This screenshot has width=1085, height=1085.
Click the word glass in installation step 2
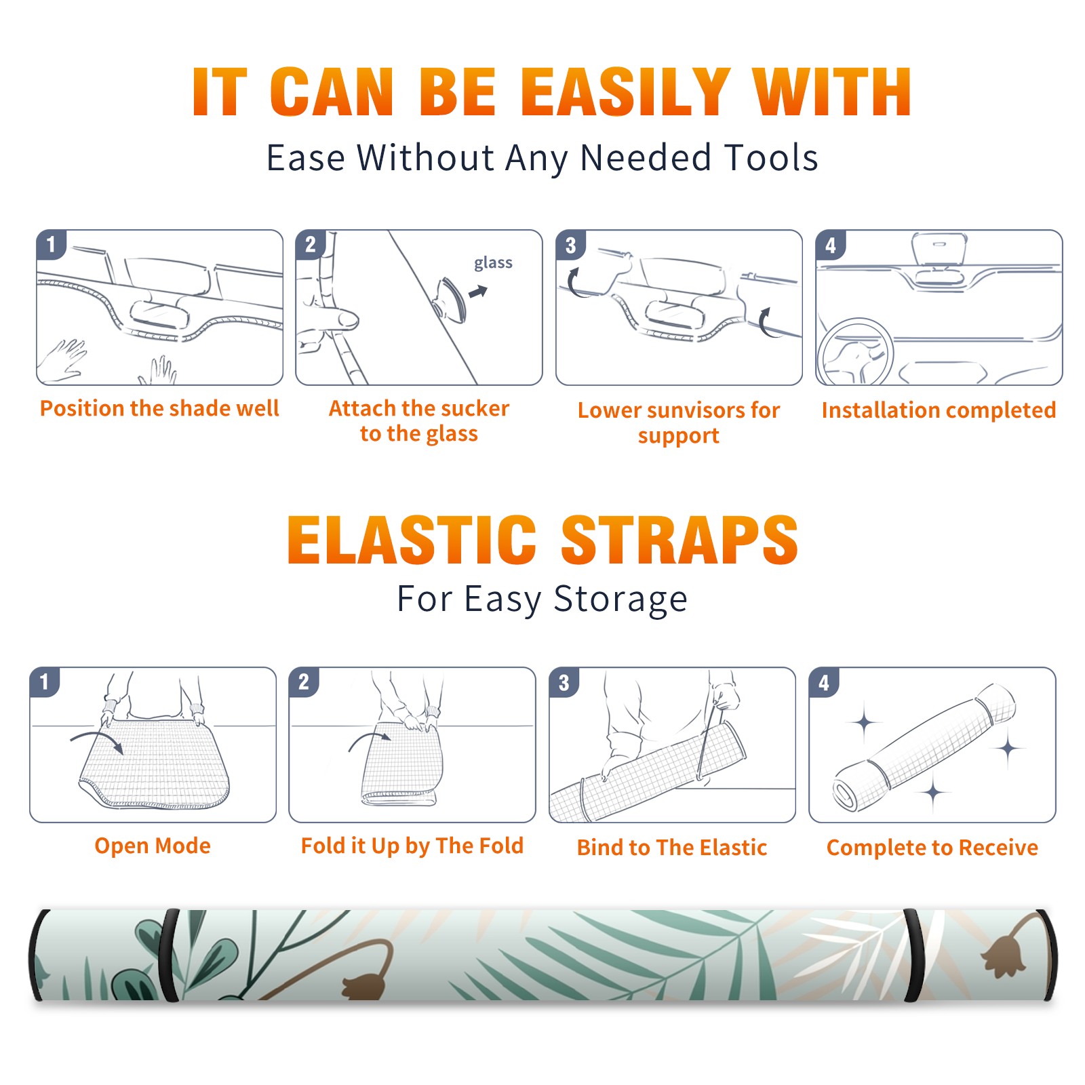pyautogui.click(x=493, y=263)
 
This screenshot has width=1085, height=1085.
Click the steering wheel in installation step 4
pyautogui.click(x=855, y=352)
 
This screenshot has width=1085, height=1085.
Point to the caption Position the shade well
pyautogui.click(x=159, y=408)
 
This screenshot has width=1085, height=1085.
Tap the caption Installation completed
pyautogui.click(x=939, y=410)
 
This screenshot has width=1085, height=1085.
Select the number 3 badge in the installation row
pyautogui.click(x=570, y=245)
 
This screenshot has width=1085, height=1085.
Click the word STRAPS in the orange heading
pyautogui.click(x=679, y=540)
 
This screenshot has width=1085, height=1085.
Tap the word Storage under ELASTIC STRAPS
pyautogui.click(x=620, y=599)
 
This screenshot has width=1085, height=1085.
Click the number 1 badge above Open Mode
pyautogui.click(x=45, y=682)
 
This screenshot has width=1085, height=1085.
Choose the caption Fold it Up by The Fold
pyautogui.click(x=412, y=846)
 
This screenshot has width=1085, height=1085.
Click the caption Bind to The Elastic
pyautogui.click(x=672, y=848)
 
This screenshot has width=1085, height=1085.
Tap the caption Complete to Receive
pyautogui.click(x=932, y=848)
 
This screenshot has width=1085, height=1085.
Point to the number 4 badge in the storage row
pyautogui.click(x=824, y=682)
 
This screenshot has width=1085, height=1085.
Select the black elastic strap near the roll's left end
pyautogui.click(x=168, y=955)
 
